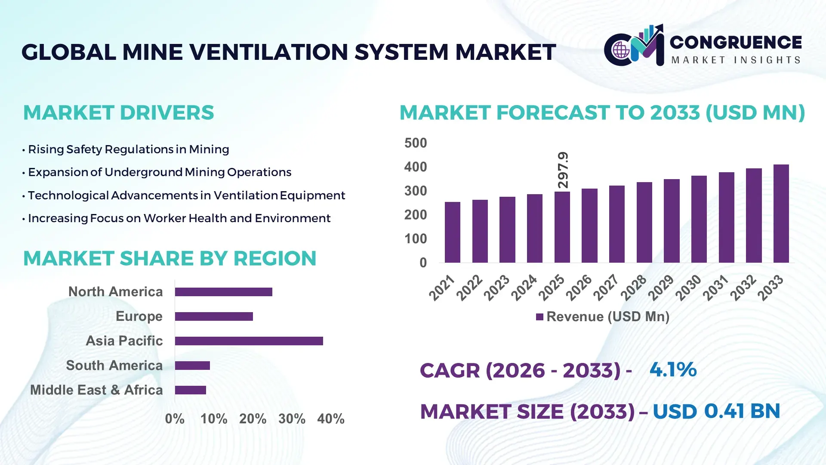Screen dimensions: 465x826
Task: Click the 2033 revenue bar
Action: coord(781,214)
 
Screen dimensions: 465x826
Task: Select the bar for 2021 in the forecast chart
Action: coord(452,232)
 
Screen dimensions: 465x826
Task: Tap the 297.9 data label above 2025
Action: coord(563,170)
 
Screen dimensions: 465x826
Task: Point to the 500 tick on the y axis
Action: coord(415,143)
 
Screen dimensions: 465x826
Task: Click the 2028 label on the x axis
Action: coord(634,287)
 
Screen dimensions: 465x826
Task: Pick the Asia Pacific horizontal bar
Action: coord(249,341)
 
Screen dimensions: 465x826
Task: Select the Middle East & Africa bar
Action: coord(190,390)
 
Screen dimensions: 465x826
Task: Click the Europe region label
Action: coord(139,316)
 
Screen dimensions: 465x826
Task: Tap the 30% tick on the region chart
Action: coord(292,418)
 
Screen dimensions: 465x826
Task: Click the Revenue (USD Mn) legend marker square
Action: coord(539,317)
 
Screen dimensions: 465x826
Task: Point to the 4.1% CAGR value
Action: coord(672,369)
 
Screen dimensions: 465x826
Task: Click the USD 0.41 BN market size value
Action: coord(716,411)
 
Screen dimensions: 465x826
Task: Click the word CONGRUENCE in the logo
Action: coord(736,42)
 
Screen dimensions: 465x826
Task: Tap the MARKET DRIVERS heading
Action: coord(118,113)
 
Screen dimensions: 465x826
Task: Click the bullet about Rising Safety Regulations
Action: coord(128,149)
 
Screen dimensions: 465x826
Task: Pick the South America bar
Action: coord(192,366)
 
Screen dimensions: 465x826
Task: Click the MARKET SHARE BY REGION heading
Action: coord(170,258)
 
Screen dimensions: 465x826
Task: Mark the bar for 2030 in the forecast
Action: coord(699,219)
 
